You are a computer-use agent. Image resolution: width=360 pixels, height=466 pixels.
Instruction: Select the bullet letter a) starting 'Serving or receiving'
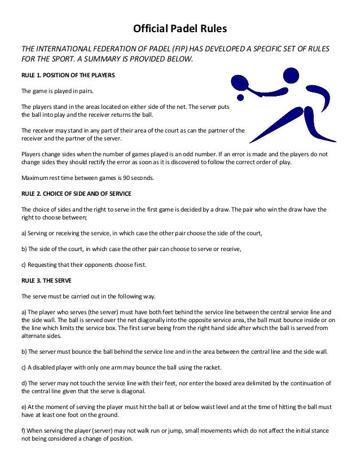24,232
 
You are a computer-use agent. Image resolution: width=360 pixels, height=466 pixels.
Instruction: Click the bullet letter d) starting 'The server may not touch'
24,382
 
